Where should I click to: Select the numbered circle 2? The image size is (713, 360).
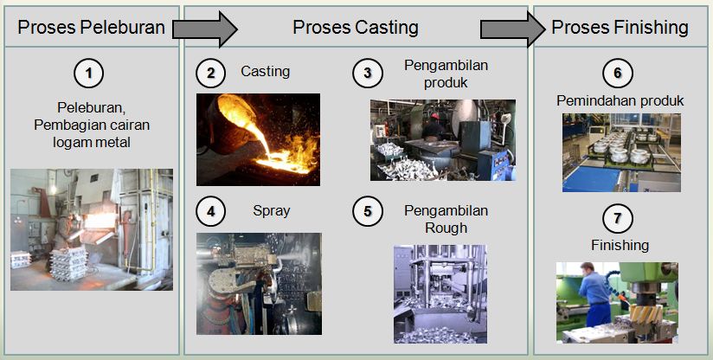coord(209,73)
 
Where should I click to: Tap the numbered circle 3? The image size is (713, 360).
coord(367,74)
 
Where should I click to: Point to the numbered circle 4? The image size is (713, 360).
coord(209,210)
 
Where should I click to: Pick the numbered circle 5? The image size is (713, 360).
coord(367,210)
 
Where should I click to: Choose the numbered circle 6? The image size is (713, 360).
coord(618,74)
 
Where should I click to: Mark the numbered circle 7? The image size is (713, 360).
coord(618,216)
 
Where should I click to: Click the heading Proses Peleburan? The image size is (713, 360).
coord(91,27)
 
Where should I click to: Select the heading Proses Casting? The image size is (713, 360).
coord(356,27)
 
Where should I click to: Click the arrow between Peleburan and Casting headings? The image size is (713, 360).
coord(205,28)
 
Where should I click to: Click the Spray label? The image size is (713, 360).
coord(272,210)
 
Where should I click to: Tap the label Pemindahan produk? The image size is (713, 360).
coord(620,101)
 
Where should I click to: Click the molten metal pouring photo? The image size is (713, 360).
coord(258,139)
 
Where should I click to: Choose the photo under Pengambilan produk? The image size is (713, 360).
coord(442,139)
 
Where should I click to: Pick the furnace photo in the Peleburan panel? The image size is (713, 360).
coord(91,228)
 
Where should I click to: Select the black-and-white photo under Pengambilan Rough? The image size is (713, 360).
coord(440,293)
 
